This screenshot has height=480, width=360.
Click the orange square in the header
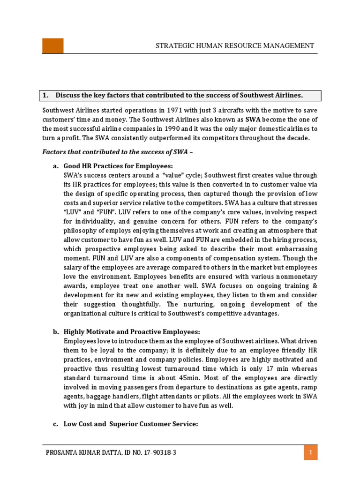coord(53,46)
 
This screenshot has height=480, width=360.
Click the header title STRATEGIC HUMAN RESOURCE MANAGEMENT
coord(235,46)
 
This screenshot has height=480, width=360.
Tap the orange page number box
coord(310,453)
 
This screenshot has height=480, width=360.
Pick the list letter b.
coord(55,332)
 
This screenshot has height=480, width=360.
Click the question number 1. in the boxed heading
coord(46,95)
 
